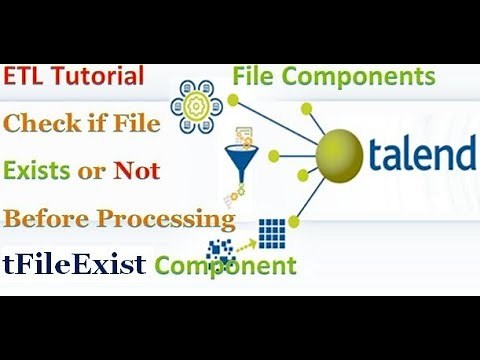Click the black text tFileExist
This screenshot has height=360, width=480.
coord(75,265)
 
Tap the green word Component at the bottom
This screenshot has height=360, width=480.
coord(225,266)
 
